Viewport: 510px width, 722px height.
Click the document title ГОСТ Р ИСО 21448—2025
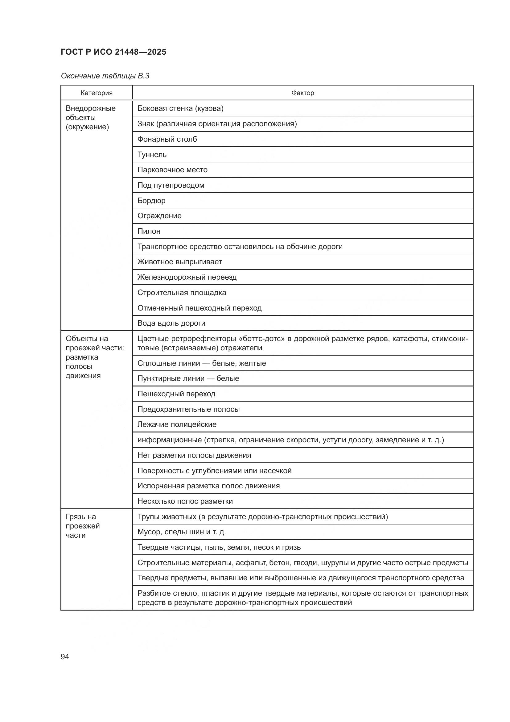(x=113, y=52)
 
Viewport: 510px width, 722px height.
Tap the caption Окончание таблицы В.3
(x=105, y=76)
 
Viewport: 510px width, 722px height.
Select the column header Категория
(x=97, y=93)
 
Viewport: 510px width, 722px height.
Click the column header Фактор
(x=302, y=93)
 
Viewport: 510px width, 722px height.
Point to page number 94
(x=65, y=657)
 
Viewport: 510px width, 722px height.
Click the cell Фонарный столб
(x=167, y=139)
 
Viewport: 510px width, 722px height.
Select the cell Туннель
(x=152, y=154)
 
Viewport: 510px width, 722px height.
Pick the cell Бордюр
(x=151, y=200)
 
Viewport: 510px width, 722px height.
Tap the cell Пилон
(x=149, y=231)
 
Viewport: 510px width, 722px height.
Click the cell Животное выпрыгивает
(x=180, y=262)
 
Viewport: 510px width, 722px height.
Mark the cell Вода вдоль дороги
(x=171, y=323)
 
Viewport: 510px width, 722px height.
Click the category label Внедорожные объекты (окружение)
(x=90, y=118)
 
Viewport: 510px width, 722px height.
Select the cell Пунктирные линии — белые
(x=188, y=378)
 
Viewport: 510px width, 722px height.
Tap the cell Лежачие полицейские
(x=177, y=424)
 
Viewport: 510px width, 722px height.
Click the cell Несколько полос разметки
(x=185, y=501)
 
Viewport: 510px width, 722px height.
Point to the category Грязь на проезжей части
(x=82, y=526)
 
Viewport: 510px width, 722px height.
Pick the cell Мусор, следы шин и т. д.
(x=182, y=532)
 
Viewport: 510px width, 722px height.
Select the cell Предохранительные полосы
(x=188, y=409)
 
